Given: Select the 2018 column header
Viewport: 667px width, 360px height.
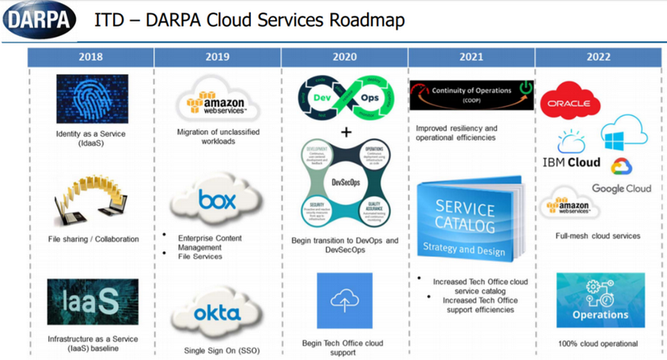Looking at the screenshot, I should pos(91,58).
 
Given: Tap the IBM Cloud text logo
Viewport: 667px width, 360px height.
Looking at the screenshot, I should pos(577,162).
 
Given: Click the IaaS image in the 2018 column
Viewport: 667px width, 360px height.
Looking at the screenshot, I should pos(92,297).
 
